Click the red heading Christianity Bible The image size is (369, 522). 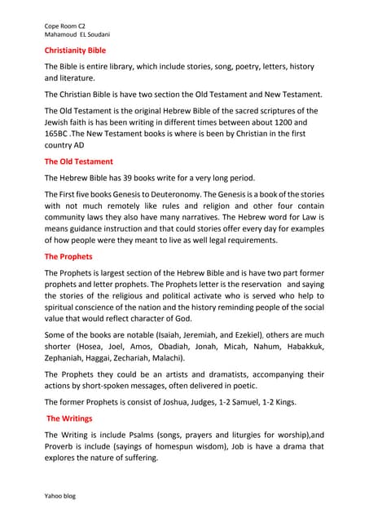pyautogui.click(x=80, y=50)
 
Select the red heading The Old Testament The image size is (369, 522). pyautogui.click(x=78, y=161)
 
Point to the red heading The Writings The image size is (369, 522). pyautogui.click(x=69, y=418)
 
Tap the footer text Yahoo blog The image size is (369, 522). pyautogui.click(x=59, y=496)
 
